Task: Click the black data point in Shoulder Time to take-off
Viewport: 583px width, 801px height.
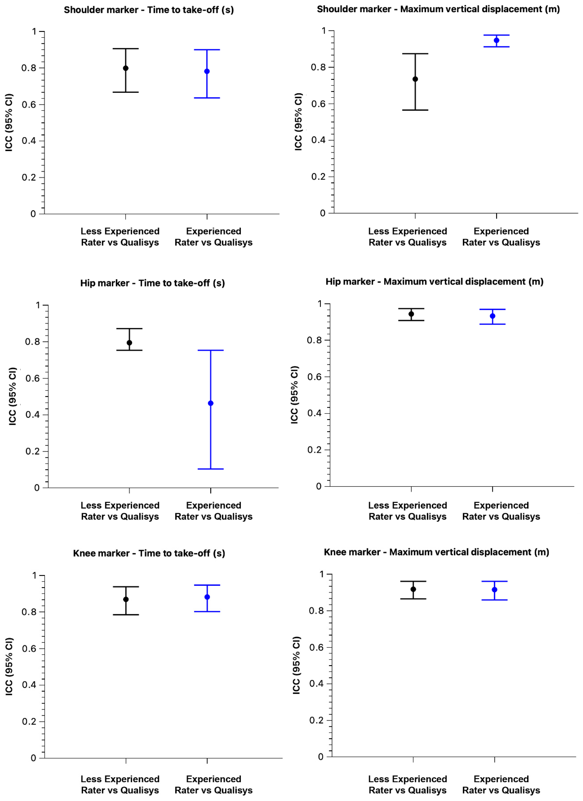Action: click(125, 68)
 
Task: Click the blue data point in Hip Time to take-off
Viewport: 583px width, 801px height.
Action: click(211, 403)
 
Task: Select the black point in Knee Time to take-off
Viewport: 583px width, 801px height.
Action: click(126, 599)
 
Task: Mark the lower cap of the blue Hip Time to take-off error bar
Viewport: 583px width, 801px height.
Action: click(211, 469)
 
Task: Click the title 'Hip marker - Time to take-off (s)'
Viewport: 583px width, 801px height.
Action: click(152, 283)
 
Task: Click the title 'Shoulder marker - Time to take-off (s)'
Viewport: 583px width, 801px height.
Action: click(148, 10)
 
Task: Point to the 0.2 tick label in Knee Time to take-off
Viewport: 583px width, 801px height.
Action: click(29, 721)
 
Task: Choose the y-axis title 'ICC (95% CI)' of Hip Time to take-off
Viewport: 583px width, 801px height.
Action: click(13, 396)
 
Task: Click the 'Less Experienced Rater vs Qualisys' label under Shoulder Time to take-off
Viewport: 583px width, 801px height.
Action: click(120, 237)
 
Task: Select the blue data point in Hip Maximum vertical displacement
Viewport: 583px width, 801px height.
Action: click(493, 316)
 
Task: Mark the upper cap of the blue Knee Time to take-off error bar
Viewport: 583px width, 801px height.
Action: click(207, 585)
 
